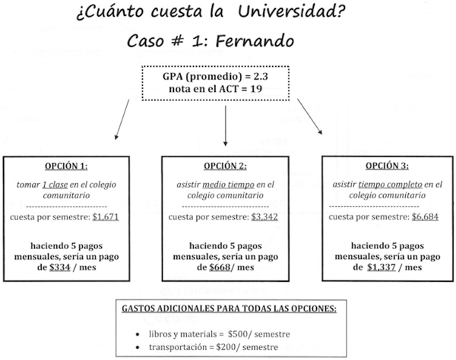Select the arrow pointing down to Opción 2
pyautogui.click(x=226, y=127)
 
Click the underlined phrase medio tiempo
pyautogui.click(x=230, y=184)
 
